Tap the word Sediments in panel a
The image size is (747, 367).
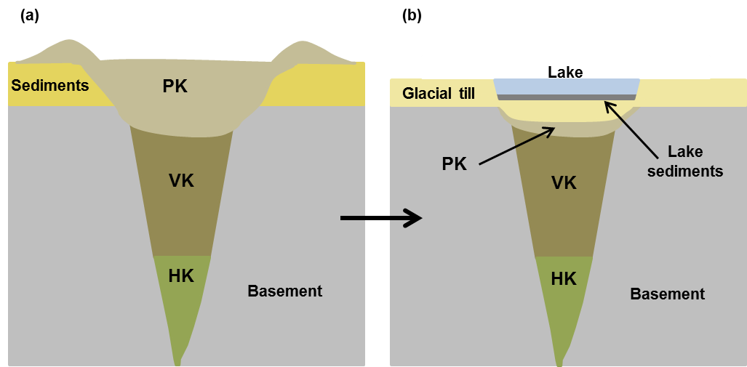pos(49,86)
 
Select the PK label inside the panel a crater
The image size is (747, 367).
pos(175,86)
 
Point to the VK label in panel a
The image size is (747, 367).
pos(181,180)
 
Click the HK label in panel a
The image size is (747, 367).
pos(181,275)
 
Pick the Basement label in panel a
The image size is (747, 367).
pos(284,291)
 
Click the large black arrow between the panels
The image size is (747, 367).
pos(381,217)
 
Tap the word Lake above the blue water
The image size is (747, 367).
pos(565,71)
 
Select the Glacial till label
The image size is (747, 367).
pos(438,94)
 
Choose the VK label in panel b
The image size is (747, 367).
pos(564,182)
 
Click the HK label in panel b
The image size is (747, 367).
pos(564,278)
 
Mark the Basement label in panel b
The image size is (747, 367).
pos(667,294)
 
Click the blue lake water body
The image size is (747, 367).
pos(567,86)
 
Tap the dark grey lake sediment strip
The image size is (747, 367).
pos(567,98)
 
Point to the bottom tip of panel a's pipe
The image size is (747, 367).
pos(177,361)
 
